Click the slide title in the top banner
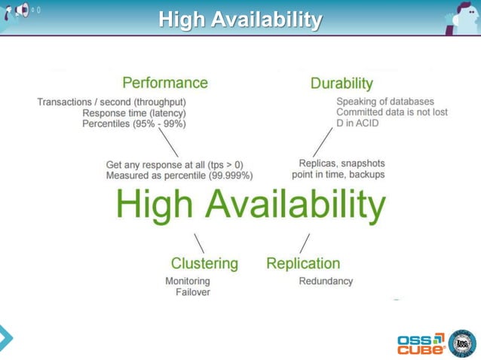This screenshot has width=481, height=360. pos(240,19)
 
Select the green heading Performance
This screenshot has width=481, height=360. pos(165,82)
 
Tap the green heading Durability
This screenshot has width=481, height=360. pos(342,83)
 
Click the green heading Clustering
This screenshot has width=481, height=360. pos(204,263)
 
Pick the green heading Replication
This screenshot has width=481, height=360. pos(303,263)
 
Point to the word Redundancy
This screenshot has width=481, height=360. pos(326,281)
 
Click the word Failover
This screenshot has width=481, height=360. pos(193,292)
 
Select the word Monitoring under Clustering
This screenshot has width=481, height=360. pos(188,281)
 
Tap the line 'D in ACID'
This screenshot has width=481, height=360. pos(357,124)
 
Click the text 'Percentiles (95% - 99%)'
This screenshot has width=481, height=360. pos(134,124)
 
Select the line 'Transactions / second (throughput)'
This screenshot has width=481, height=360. pos(112,102)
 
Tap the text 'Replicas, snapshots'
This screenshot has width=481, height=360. pos(342,163)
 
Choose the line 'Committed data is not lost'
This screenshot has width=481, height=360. pos(392,112)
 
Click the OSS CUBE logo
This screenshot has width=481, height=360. pos(420,343)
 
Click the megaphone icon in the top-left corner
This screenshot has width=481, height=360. pos(23,11)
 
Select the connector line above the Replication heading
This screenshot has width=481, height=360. pos(305,243)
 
